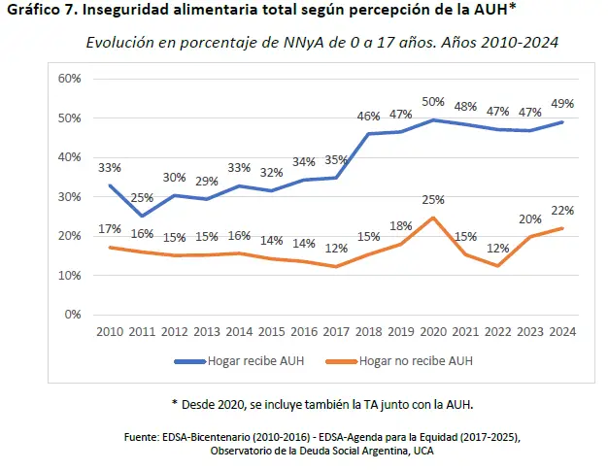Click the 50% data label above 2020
tap(432, 102)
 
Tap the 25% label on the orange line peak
tap(432, 200)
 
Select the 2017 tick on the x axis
tap(336, 332)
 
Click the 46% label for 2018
tap(368, 117)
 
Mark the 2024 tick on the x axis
tap(561, 332)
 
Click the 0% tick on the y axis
tap(73, 315)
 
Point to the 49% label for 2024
tap(561, 104)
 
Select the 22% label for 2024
tap(561, 210)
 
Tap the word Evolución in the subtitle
tap(120, 44)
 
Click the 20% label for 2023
tap(529, 218)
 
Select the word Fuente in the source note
tap(143, 438)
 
